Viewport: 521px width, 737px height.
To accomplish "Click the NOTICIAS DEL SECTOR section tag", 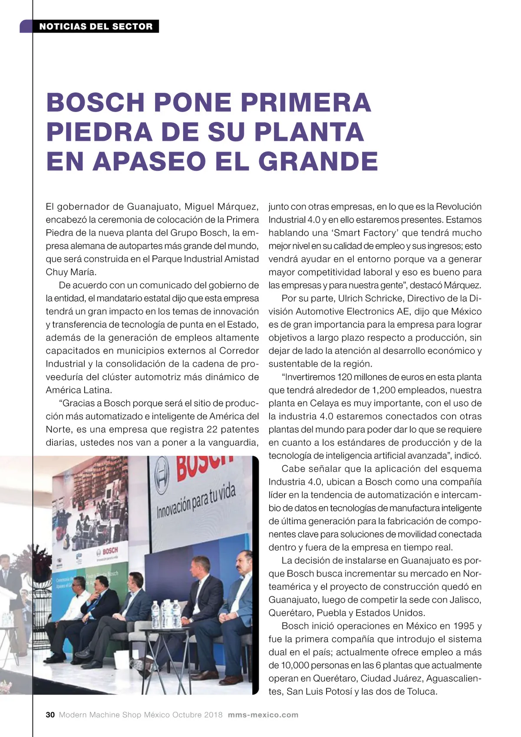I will tap(96, 26).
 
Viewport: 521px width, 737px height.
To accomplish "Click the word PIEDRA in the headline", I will tap(99, 132).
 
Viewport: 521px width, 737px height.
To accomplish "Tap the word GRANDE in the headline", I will tap(318, 161).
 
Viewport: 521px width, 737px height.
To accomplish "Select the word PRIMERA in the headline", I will tap(306, 102).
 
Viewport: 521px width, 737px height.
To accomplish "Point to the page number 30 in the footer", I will tap(50, 715).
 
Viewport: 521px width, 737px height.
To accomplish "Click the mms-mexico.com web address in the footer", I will tap(263, 715).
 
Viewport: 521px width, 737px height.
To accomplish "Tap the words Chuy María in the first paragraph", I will tap(71, 273).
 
